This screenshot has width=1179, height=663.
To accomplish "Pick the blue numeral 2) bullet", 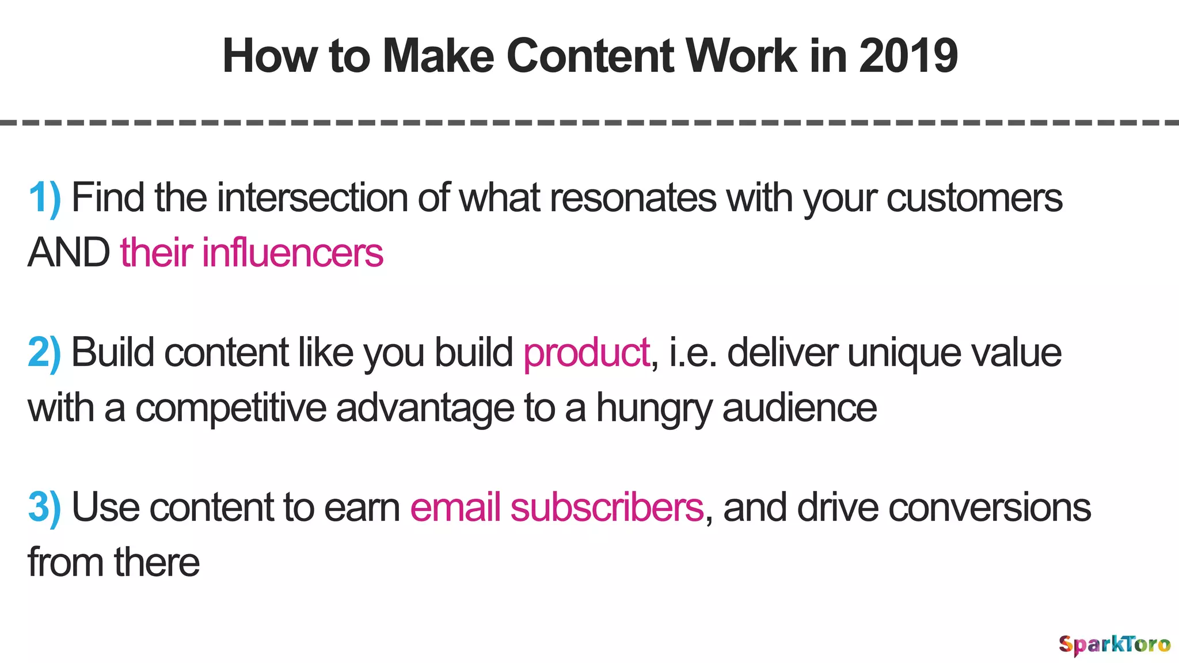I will coord(44,353).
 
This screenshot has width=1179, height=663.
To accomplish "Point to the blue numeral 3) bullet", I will coord(44,508).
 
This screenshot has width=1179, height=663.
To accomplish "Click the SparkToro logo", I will coord(1115,644).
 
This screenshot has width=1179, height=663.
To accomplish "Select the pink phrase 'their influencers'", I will coord(252,253).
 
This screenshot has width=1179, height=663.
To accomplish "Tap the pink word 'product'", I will coord(587,353).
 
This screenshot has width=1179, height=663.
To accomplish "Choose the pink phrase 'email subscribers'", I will coord(557,508).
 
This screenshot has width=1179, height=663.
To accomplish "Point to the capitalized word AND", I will coord(69,253).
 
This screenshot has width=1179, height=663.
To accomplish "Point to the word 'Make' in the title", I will coord(438,56).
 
